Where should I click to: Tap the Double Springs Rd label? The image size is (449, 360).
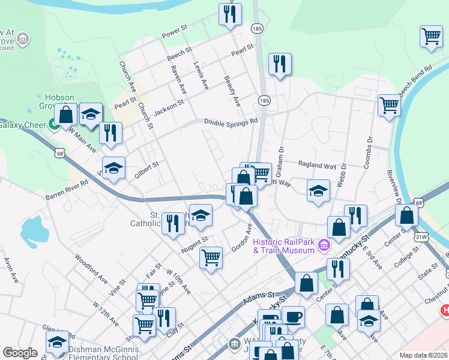231,121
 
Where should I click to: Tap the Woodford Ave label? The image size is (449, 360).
91,271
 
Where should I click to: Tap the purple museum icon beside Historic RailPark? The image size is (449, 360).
324,245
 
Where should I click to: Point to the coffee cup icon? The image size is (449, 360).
293,316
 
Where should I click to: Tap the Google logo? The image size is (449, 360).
20,353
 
